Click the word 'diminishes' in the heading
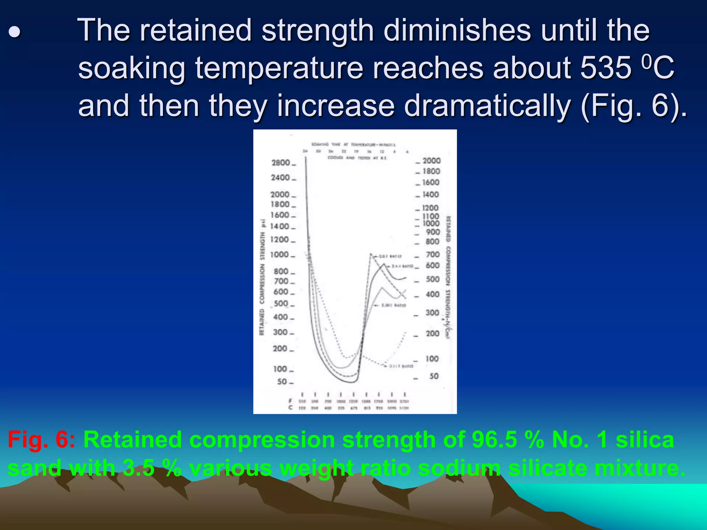(457, 30)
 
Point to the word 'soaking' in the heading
(132, 68)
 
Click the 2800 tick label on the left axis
(281, 163)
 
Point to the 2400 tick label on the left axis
(280, 178)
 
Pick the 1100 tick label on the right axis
(431, 216)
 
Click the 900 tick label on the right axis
(433, 232)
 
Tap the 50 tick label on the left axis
(282, 382)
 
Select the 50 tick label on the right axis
(434, 376)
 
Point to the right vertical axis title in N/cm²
(448, 276)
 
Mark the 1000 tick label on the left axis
(280, 255)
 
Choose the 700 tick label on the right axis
(433, 255)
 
